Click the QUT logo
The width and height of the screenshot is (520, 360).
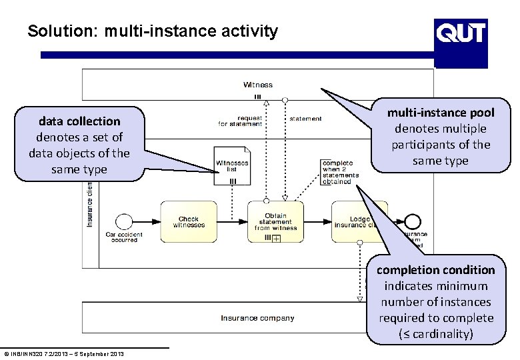[x=461, y=31]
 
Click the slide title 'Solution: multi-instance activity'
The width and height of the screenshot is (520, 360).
[x=153, y=31]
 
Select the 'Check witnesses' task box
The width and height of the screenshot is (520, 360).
[x=189, y=222]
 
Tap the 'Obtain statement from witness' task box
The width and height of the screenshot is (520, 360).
[x=275, y=222]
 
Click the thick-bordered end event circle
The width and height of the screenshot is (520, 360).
[x=413, y=221]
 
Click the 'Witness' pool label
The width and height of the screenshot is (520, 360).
[x=257, y=85]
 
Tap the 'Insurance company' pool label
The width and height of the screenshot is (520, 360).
[x=257, y=318]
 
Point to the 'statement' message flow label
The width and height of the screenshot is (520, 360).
[x=305, y=119]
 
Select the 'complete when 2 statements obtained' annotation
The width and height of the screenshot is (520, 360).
[x=339, y=172]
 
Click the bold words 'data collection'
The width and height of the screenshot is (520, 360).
[x=79, y=121]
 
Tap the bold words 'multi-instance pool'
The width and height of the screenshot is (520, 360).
[x=441, y=113]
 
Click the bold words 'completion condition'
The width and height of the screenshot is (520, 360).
[x=435, y=270]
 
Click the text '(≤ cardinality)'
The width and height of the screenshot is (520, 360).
[x=436, y=334]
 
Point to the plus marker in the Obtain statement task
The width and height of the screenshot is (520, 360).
[x=275, y=238]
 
